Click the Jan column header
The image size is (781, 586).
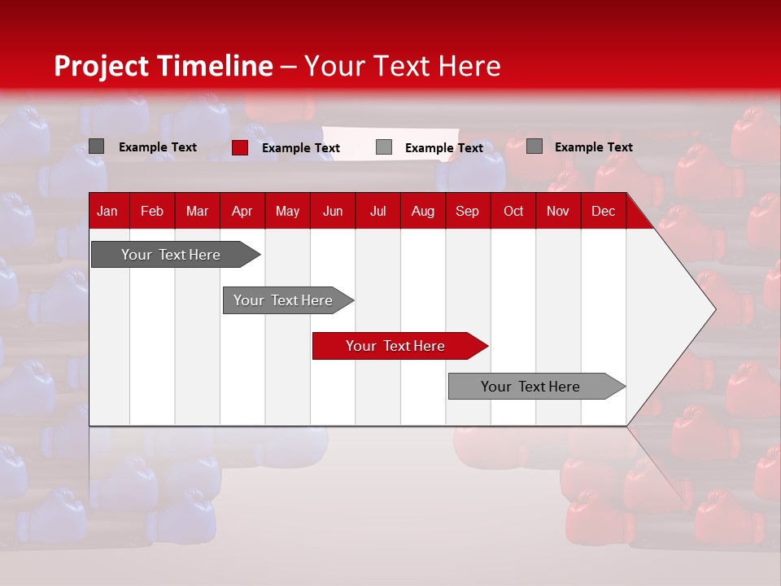click(107, 211)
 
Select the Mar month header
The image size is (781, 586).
click(197, 211)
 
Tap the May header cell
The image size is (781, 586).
click(287, 211)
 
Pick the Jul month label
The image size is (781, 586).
click(377, 211)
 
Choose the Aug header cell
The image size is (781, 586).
click(422, 211)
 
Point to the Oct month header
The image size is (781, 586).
click(513, 211)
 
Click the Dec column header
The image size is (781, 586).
click(603, 211)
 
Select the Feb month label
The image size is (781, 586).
click(152, 211)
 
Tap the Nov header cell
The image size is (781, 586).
click(558, 211)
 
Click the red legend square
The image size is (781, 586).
click(239, 147)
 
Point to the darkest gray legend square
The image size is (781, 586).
click(96, 146)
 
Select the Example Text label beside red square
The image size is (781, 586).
click(301, 148)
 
